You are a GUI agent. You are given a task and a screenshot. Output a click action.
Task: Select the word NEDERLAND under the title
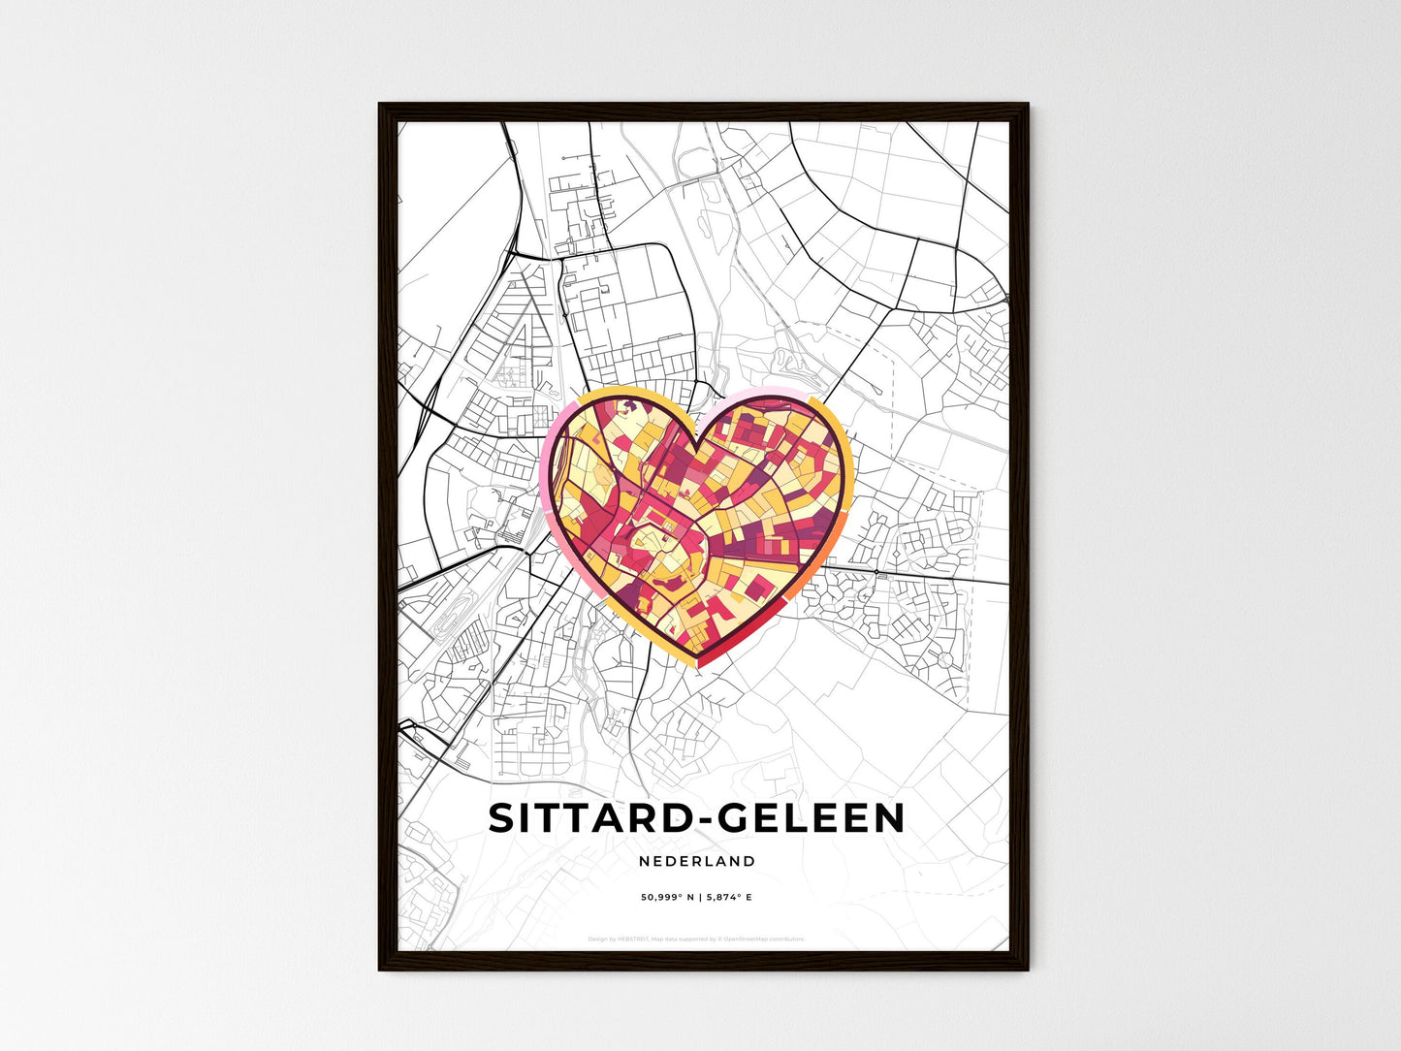point(697,861)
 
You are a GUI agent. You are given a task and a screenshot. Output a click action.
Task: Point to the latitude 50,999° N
point(668,898)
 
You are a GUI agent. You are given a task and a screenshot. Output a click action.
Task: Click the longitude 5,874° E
point(729,898)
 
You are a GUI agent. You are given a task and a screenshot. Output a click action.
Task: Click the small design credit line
point(696,939)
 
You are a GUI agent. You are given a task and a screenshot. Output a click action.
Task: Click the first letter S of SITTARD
point(501,818)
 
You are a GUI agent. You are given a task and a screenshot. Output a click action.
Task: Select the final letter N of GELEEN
point(890,818)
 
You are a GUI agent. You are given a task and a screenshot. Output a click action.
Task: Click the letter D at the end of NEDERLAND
point(750,861)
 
